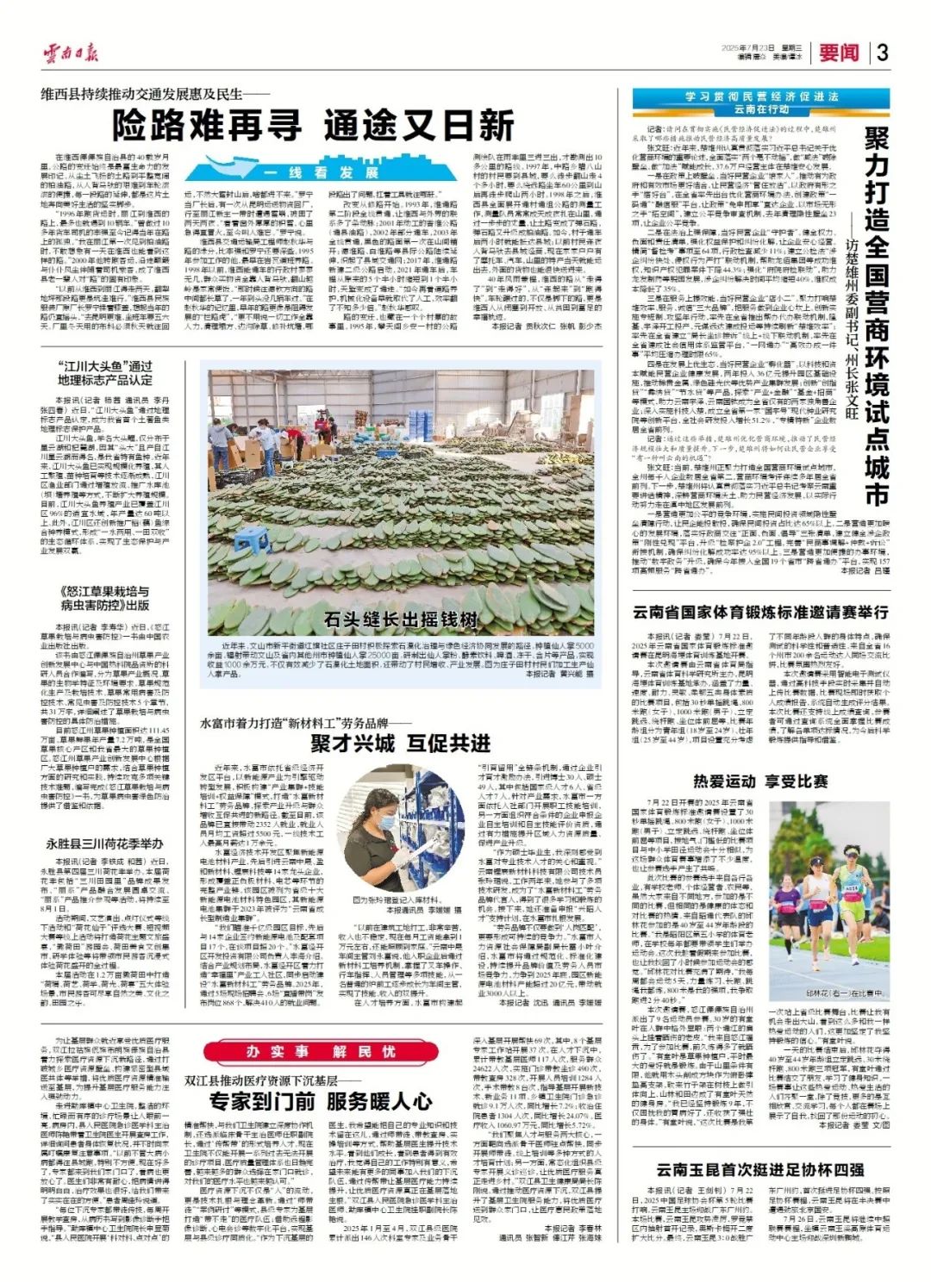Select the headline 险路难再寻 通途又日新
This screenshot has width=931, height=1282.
[314, 126]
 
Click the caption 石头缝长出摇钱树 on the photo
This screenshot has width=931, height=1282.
[401, 619]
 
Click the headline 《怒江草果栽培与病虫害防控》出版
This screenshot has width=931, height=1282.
[104, 599]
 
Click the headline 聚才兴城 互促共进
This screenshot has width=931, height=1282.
[400, 743]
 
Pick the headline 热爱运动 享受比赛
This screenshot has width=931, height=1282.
[760, 781]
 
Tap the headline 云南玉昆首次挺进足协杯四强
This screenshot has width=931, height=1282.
[760, 1170]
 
